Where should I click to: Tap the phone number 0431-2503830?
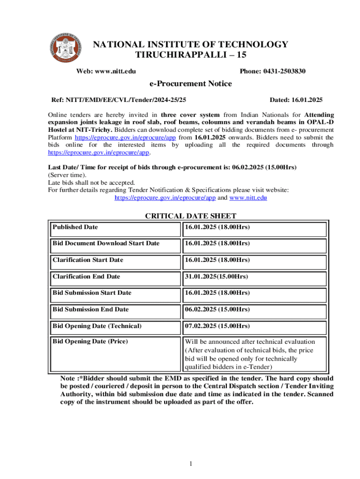coord(273,71)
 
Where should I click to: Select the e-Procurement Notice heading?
coord(190,84)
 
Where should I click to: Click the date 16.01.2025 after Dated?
coord(306,100)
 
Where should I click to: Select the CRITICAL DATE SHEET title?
coord(191,216)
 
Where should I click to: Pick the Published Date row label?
coord(75,227)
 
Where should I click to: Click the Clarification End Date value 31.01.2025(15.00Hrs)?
coord(216,276)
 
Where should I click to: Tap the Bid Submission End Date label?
coord(91,310)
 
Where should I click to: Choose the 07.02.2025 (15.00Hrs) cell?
coord(217,326)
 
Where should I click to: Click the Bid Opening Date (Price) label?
coord(90,341)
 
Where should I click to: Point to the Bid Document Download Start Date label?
coord(106,244)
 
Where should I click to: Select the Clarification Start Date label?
coord(88,260)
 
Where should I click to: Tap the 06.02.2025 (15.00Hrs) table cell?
coord(217,310)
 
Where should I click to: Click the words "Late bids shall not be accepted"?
coord(92,182)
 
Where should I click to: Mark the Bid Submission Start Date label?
coord(92,293)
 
